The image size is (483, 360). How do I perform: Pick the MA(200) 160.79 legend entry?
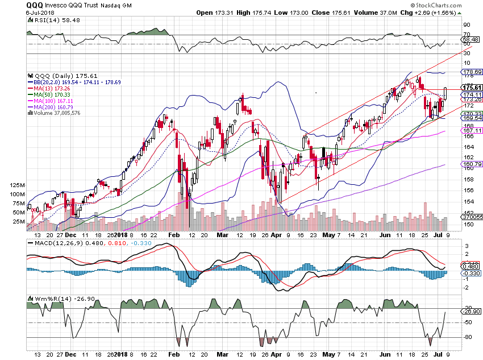point(53,107)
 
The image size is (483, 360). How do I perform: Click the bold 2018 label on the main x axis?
point(122,234)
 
